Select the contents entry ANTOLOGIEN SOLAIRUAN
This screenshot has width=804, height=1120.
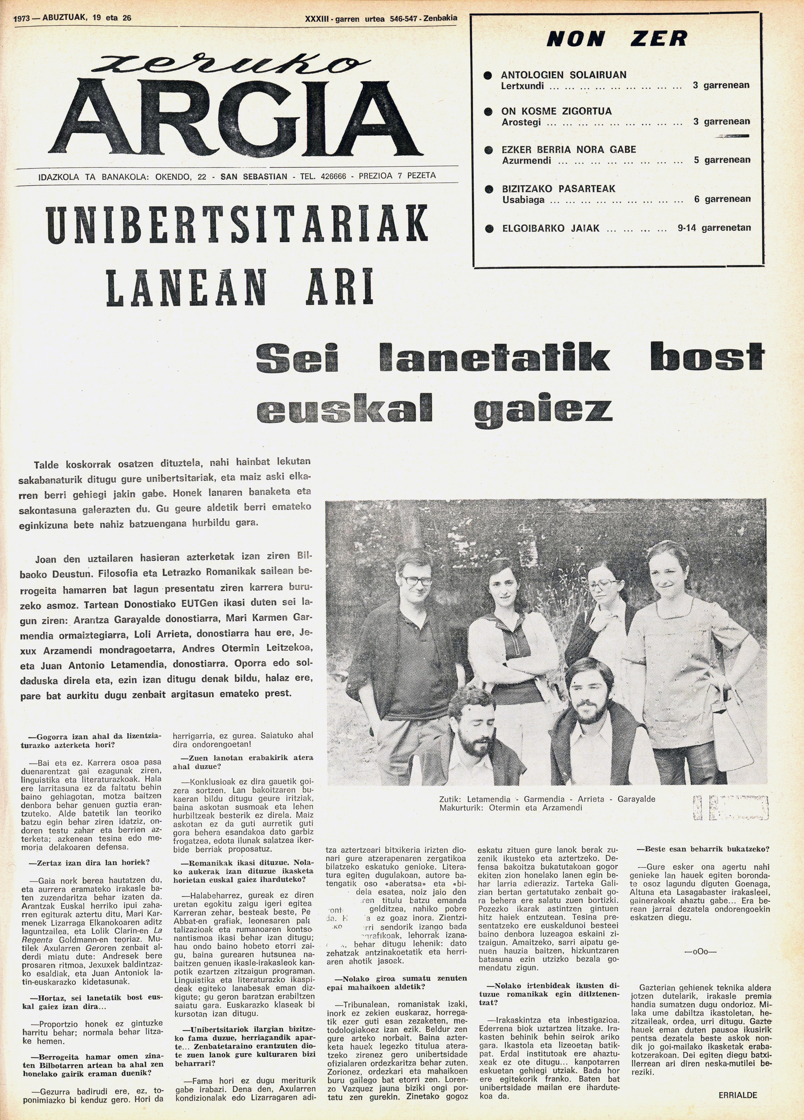click(563, 75)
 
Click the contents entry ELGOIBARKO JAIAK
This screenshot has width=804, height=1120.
click(551, 228)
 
